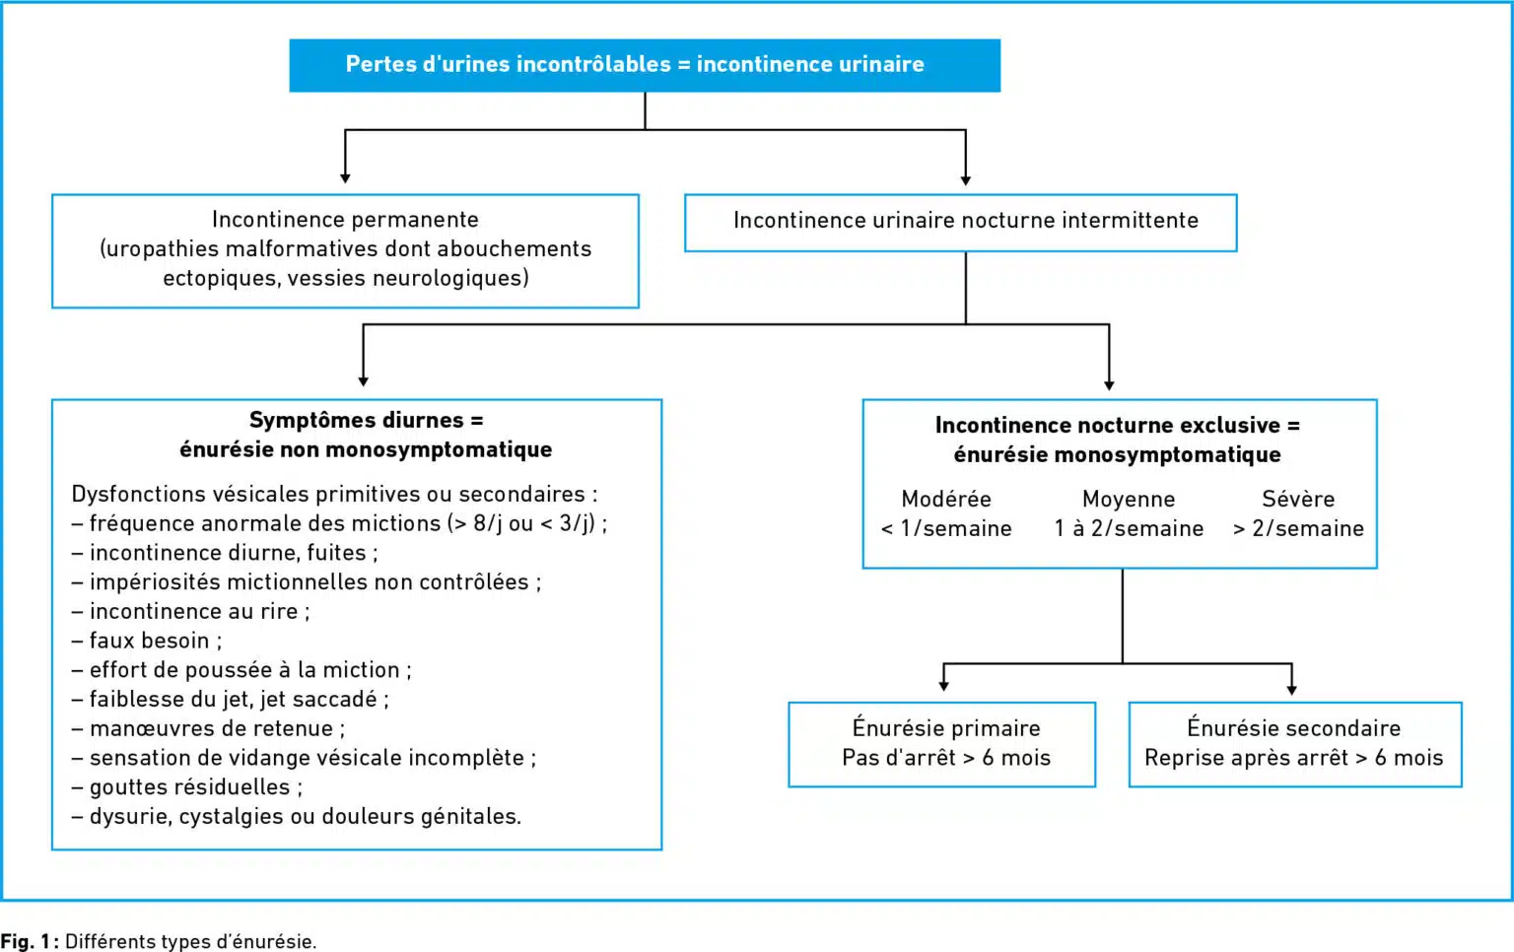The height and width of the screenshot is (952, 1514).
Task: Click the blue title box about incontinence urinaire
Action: pyautogui.click(x=645, y=65)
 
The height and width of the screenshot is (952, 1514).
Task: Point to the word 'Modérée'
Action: pyautogui.click(x=946, y=500)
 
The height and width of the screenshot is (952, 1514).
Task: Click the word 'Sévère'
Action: pyautogui.click(x=1298, y=500)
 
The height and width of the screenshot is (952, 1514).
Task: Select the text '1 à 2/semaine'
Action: pyautogui.click(x=1130, y=528)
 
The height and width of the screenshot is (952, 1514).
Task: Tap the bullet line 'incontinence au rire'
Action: pyautogui.click(x=190, y=611)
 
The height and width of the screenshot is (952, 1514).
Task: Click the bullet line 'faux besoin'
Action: pyautogui.click(x=147, y=641)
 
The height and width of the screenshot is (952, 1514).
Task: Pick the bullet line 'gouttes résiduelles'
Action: pyautogui.click(x=187, y=787)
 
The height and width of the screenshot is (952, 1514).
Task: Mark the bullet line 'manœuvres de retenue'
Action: pyautogui.click(x=208, y=728)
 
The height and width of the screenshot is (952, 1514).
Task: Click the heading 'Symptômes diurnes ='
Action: pyautogui.click(x=367, y=420)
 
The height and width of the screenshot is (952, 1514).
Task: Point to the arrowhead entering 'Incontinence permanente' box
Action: pyautogui.click(x=345, y=178)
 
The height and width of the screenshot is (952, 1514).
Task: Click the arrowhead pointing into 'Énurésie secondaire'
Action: pyautogui.click(x=1291, y=690)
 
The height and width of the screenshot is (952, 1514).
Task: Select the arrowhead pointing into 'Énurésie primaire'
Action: pyautogui.click(x=943, y=686)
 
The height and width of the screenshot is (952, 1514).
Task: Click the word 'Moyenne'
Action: pyautogui.click(x=1129, y=500)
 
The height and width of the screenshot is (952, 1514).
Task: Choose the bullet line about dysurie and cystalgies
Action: pyautogui.click(x=296, y=817)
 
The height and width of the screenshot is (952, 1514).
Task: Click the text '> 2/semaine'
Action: pyautogui.click(x=1298, y=528)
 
